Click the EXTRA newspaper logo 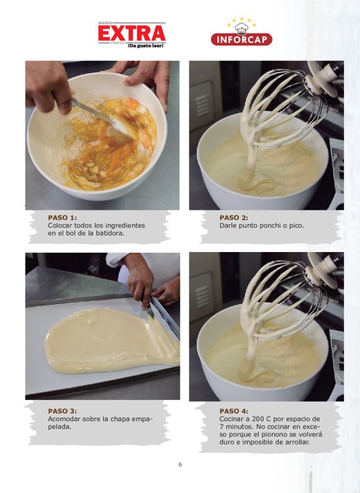point(132,35)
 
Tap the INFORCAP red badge point(241,39)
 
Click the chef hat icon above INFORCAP point(241,29)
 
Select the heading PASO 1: point(62,217)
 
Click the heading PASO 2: point(233,217)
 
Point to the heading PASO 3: point(62,411)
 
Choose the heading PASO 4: point(233,411)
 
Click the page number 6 point(180,464)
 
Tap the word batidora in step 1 point(110,233)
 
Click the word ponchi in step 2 point(265,226)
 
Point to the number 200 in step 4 point(258,419)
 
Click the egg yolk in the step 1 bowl point(133,104)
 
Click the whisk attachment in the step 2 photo point(277,107)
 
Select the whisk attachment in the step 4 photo point(277,299)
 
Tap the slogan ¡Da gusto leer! point(146,46)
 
